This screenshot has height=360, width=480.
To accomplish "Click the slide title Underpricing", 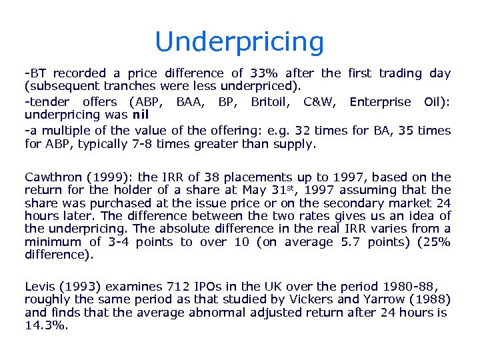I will pyautogui.click(x=239, y=42).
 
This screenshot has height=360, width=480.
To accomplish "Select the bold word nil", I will pyautogui.click(x=140, y=114).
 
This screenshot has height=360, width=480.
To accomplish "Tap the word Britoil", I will pyautogui.click(x=269, y=101).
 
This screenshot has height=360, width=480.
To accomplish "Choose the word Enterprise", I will pyautogui.click(x=380, y=101).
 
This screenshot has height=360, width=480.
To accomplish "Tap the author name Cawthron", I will pyautogui.click(x=53, y=177).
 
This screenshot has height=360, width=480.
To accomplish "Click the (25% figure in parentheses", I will pyautogui.click(x=436, y=241).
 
